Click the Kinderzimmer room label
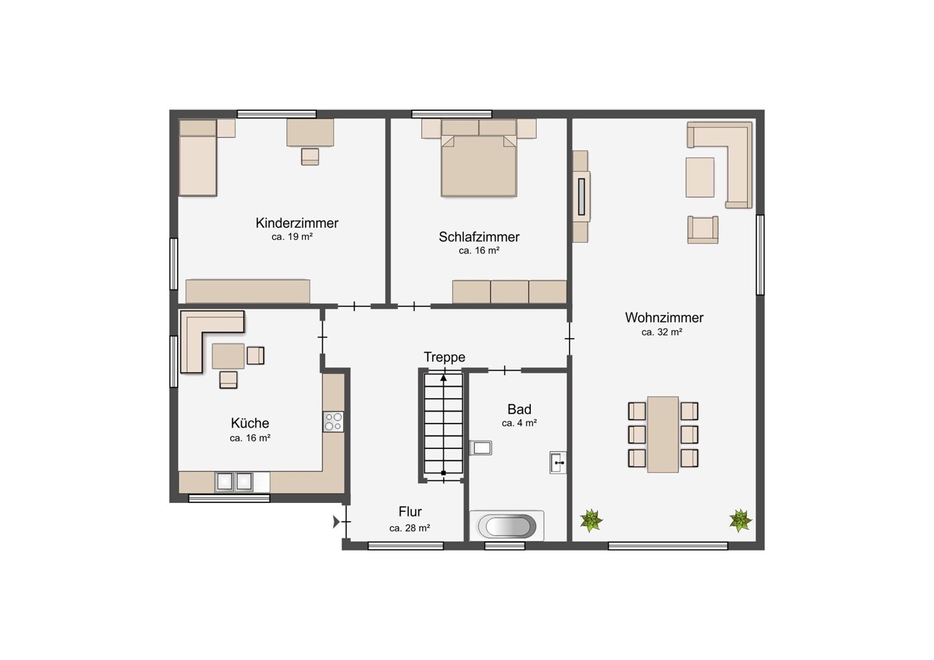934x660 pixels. [297, 223]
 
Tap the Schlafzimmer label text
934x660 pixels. [479, 237]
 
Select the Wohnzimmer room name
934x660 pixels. [664, 317]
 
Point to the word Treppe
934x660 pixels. [445, 357]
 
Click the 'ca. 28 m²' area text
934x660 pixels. [410, 528]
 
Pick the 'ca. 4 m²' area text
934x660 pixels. [519, 423]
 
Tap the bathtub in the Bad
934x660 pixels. [507, 526]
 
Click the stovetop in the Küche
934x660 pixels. [334, 422]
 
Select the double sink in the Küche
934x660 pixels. [234, 482]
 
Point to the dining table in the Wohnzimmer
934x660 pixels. [663, 434]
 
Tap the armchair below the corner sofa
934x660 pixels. [703, 229]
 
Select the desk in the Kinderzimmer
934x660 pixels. [310, 133]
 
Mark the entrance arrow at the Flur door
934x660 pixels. [336, 522]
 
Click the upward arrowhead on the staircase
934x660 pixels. [444, 377]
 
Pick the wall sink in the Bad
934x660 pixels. [558, 462]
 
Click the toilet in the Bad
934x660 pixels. [481, 448]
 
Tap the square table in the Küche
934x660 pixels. [228, 356]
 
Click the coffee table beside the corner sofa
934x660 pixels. [700, 177]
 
